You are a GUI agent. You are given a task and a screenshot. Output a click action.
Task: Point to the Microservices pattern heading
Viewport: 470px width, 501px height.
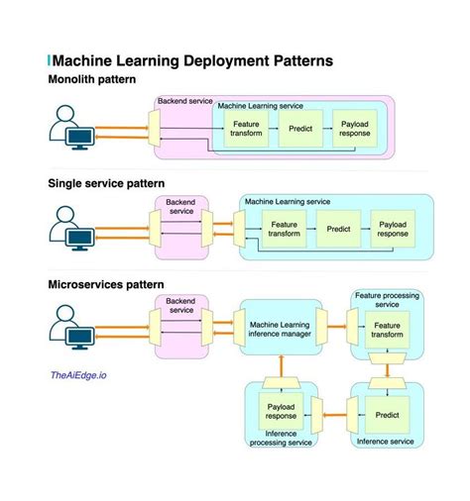(x=106, y=285)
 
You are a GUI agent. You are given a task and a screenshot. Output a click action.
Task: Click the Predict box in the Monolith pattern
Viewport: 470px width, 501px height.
(x=300, y=129)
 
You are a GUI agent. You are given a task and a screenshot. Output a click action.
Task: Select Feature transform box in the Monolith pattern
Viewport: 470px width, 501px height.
(x=246, y=129)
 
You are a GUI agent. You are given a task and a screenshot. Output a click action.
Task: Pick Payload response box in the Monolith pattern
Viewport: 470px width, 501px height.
(x=355, y=129)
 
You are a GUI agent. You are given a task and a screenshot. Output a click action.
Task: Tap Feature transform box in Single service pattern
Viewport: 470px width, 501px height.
(x=284, y=229)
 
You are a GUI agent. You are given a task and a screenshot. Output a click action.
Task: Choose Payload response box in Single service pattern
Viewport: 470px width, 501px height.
(x=392, y=229)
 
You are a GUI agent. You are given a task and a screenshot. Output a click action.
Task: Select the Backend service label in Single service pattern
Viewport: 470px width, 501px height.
(x=180, y=206)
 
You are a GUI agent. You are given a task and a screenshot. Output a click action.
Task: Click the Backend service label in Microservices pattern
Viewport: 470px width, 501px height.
(x=180, y=305)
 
